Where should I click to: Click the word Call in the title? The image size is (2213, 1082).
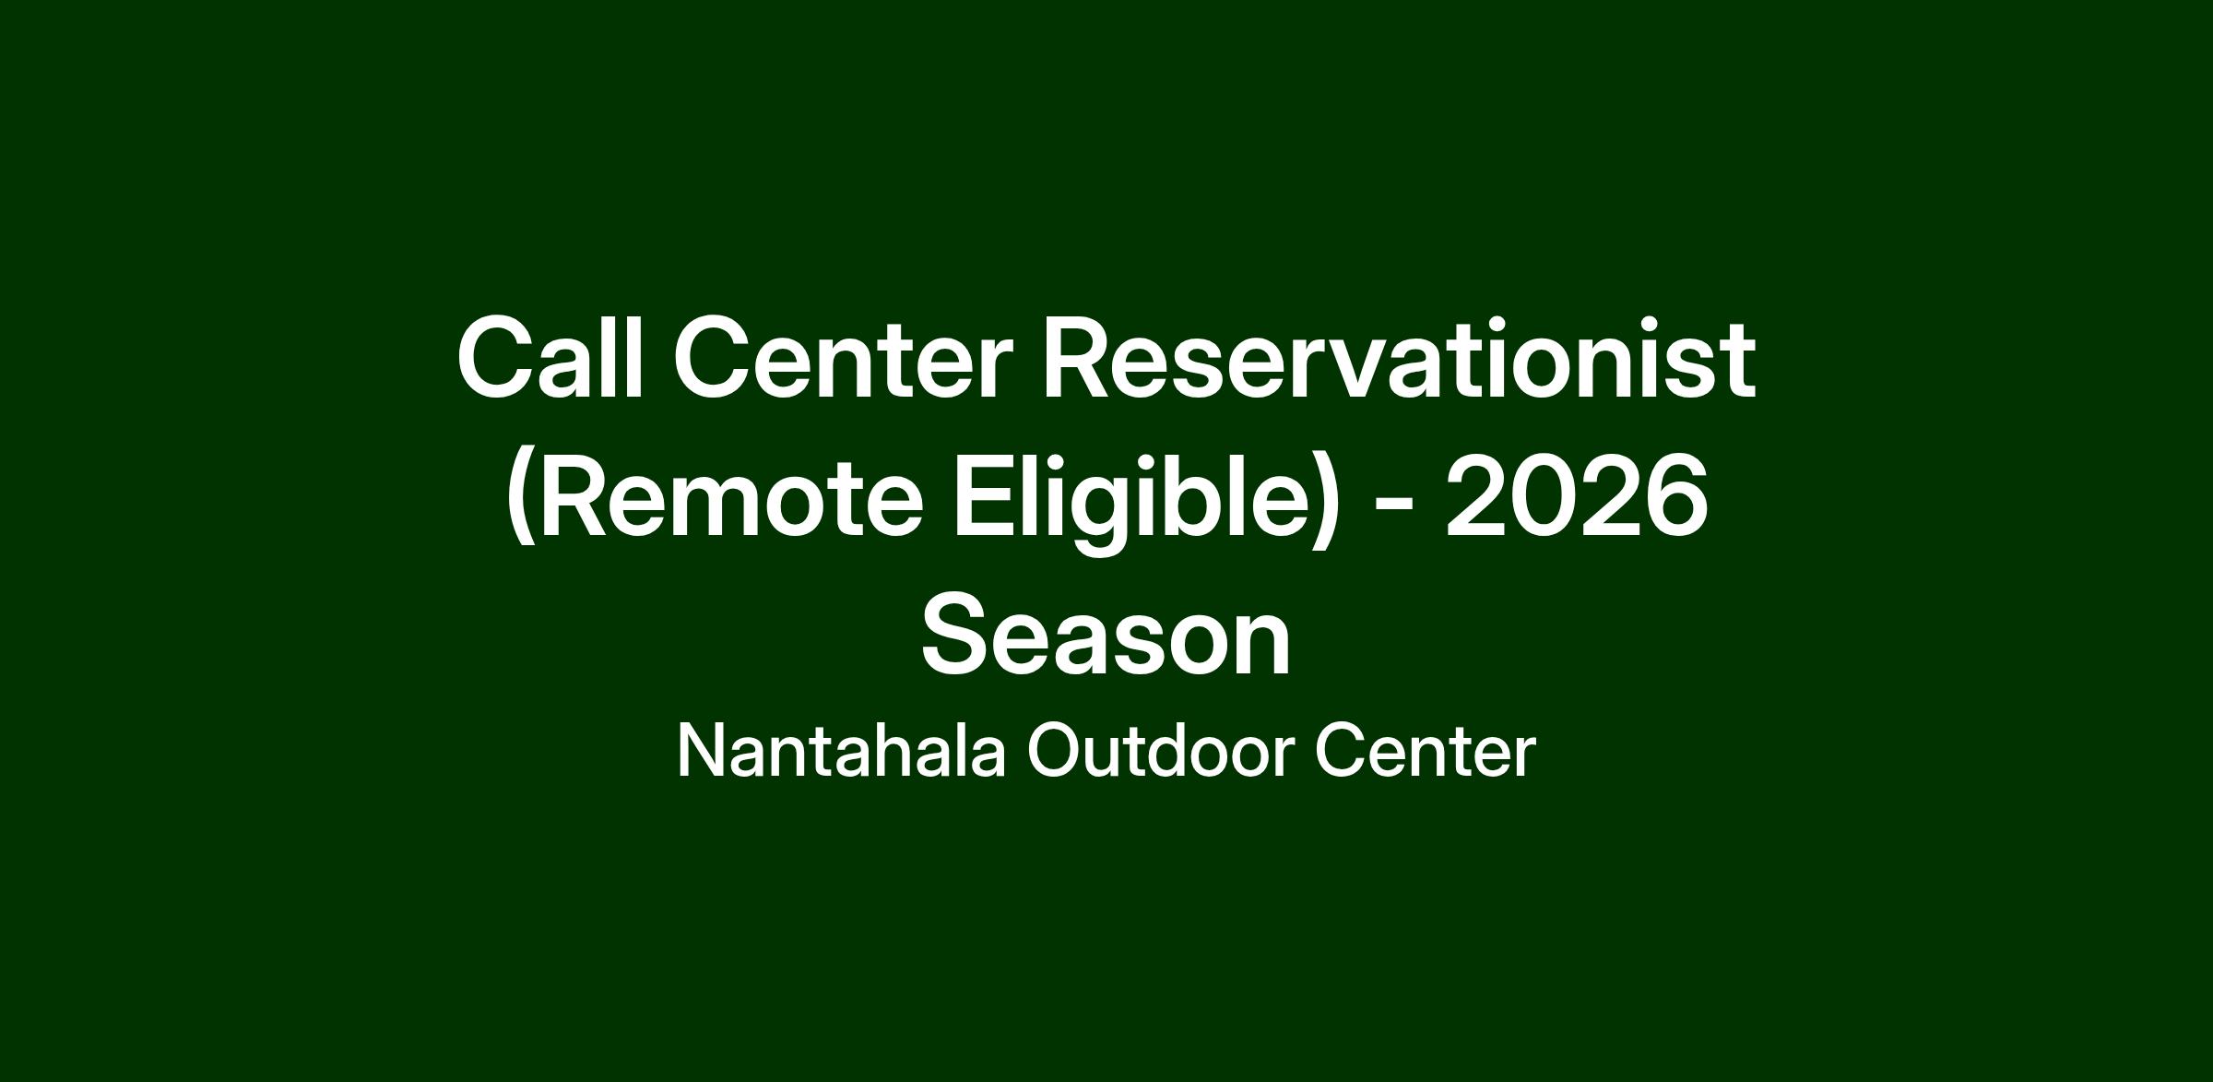coord(550,357)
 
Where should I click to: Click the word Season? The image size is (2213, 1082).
coord(1106,636)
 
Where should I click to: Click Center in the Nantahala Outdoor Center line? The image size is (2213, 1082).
coord(1425,751)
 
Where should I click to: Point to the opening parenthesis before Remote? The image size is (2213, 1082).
coord(521,501)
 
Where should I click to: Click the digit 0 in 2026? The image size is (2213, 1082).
coord(1544,496)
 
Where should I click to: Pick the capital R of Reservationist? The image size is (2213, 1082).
coord(1079,359)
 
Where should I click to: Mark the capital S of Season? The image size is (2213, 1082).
coord(957,634)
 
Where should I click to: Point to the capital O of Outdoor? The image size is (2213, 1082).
coord(1057,751)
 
